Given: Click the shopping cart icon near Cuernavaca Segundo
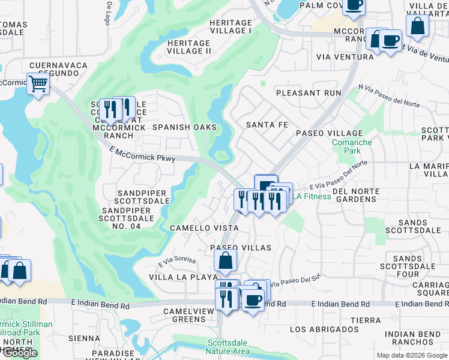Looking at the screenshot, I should pos(38,84).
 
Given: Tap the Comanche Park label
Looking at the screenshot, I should pos(352,148).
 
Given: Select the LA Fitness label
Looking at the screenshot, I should pos(312,196).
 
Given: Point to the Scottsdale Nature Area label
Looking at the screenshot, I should pos(228,347).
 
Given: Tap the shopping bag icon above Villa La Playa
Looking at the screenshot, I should pos(226,260).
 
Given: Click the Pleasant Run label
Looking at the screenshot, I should pos(309,93).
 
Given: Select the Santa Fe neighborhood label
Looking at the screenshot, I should pos(267,124).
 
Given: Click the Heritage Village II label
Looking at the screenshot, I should pos(188,47).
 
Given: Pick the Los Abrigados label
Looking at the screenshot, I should pos(324,329).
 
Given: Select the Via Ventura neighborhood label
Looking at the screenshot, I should pos(344,57).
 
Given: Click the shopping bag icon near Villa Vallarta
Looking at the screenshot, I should pos(417,25).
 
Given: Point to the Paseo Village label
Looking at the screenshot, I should pos(328,133).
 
